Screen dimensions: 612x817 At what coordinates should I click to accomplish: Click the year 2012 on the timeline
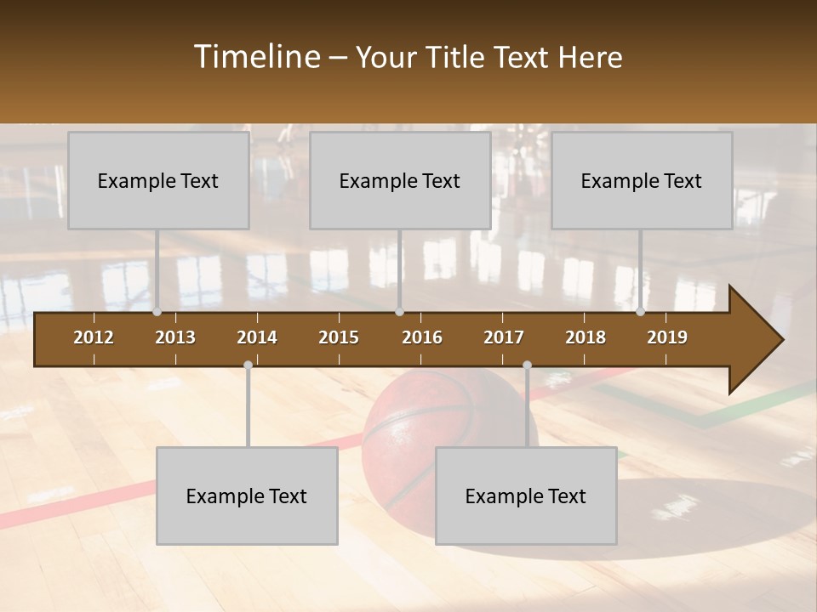tap(94, 337)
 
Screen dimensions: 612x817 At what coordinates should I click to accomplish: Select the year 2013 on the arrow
tap(175, 337)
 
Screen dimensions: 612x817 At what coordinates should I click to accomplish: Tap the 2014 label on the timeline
tap(257, 337)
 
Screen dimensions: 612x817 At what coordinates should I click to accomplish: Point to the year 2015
tap(339, 337)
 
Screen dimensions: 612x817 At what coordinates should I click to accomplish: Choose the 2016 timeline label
tap(422, 337)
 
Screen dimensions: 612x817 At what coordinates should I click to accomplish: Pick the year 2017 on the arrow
tap(504, 337)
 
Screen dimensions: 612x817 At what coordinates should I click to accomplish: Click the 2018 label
tap(586, 337)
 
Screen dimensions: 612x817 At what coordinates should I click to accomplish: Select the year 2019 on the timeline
tap(667, 337)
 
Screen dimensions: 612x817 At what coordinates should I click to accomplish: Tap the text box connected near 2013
tap(158, 180)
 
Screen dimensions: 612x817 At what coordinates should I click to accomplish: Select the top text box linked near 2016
tap(400, 180)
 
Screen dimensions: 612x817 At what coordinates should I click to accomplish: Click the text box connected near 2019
tap(642, 180)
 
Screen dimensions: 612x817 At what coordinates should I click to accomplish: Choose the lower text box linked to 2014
tap(247, 496)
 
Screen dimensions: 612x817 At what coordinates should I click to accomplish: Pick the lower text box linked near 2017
tap(526, 496)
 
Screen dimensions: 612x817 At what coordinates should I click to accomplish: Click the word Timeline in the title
tap(256, 57)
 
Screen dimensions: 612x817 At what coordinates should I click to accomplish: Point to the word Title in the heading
tap(457, 57)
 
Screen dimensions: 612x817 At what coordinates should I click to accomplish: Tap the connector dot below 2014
tap(248, 365)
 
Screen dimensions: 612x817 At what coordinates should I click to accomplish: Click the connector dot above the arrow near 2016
tap(400, 312)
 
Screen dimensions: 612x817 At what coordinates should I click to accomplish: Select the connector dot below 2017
tap(527, 365)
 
